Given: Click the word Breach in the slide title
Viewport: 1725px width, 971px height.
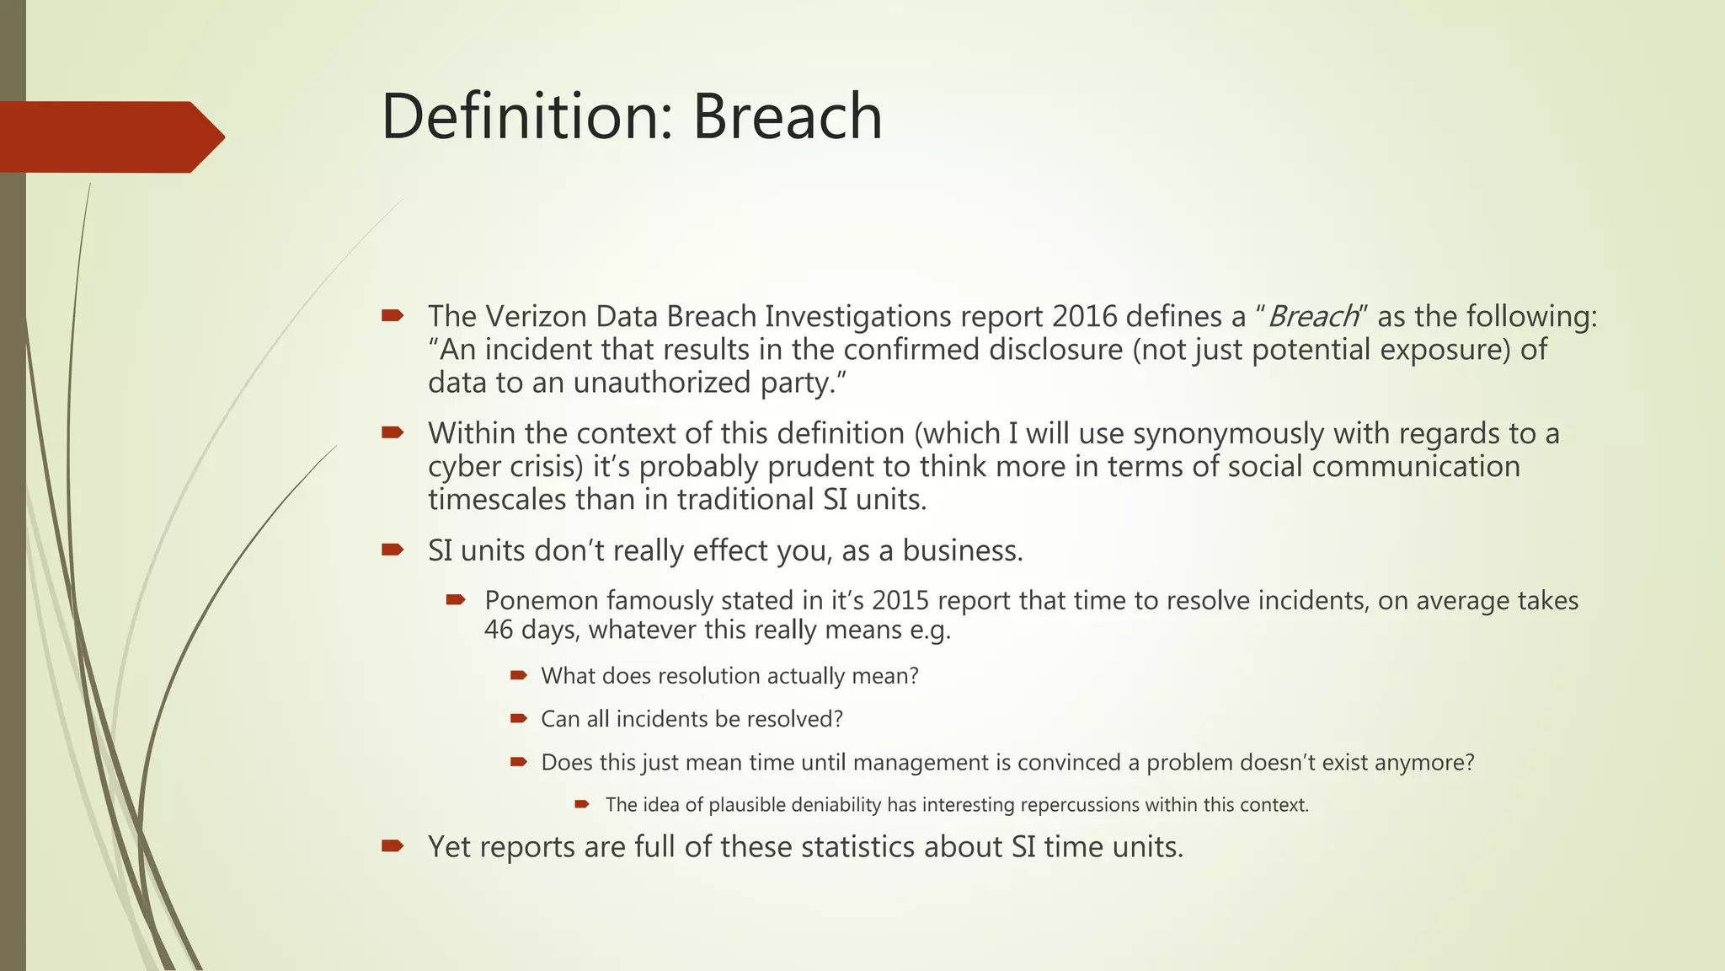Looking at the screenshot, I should click(x=788, y=116).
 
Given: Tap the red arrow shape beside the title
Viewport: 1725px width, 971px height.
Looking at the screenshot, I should click(x=109, y=137).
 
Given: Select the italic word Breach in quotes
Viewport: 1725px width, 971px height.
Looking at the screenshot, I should click(x=1312, y=317).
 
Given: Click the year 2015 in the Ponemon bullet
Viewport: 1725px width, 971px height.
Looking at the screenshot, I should click(x=900, y=601).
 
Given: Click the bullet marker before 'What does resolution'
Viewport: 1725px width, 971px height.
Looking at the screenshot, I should click(x=519, y=675).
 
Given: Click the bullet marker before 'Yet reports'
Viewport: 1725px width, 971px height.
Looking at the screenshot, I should click(x=393, y=846).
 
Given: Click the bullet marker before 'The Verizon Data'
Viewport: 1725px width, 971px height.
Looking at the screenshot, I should click(x=393, y=316).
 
